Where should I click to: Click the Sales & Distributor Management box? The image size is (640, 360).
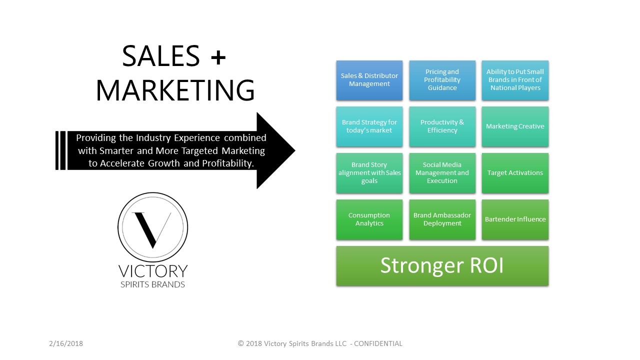coord(369,80)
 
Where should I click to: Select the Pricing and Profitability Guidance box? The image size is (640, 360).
coord(442,80)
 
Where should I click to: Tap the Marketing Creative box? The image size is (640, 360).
coord(515,126)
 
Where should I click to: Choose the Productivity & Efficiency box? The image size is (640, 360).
coord(442,126)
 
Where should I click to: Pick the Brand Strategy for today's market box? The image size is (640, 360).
coord(369,126)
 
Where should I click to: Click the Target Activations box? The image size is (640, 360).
coord(515,173)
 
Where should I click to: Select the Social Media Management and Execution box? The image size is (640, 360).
coord(442,173)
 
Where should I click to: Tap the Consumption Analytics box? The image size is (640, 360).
coord(369,219)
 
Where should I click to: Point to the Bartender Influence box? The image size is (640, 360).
coord(515,219)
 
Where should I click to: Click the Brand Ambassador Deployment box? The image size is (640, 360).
coord(442,219)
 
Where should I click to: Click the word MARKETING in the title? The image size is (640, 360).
coord(175,90)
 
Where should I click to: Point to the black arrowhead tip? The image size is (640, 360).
coord(295,150)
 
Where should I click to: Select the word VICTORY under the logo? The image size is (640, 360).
coord(153,271)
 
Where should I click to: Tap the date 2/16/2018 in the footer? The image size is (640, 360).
coord(66,343)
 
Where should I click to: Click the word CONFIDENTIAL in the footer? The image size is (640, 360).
coord(378,343)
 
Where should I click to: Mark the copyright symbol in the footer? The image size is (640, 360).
coord(241,343)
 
